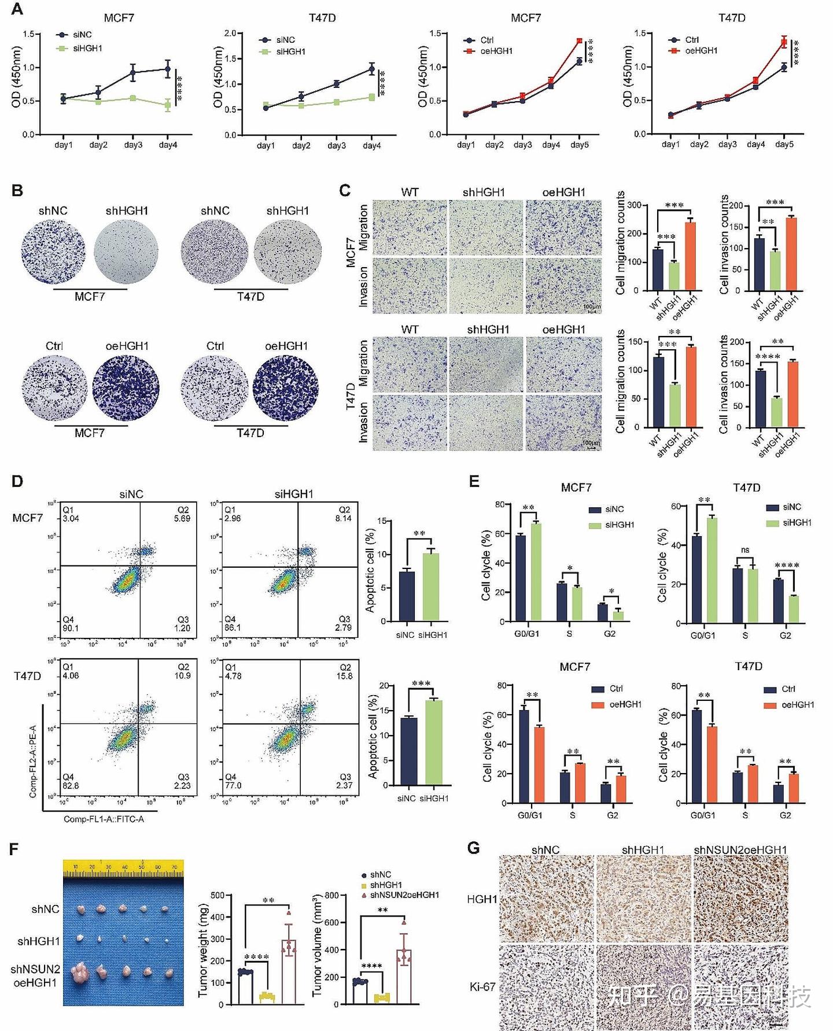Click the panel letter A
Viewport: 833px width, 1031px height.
pos(17,9)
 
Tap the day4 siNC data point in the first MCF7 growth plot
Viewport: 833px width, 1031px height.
pos(168,69)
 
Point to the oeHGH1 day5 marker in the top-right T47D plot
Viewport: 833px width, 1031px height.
pos(784,42)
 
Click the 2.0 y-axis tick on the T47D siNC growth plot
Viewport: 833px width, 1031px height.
pos(230,34)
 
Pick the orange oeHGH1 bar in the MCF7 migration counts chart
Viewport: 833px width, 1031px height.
pos(690,256)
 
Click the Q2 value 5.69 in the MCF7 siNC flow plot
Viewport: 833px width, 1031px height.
pos(182,519)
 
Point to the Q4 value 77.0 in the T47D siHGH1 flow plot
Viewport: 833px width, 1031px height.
pos(233,785)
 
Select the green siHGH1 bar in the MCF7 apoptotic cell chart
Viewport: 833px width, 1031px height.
pos(431,587)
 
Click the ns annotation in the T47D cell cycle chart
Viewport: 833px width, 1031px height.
pos(745,550)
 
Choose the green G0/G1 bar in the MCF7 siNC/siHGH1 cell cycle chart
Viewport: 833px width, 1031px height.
pos(536,572)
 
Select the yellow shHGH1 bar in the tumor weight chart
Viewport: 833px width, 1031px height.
pos(267,999)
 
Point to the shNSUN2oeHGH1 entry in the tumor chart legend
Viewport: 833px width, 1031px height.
pos(404,895)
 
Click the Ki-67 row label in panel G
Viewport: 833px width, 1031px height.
pos(482,986)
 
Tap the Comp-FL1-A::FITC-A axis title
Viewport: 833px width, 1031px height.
pos(104,819)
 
